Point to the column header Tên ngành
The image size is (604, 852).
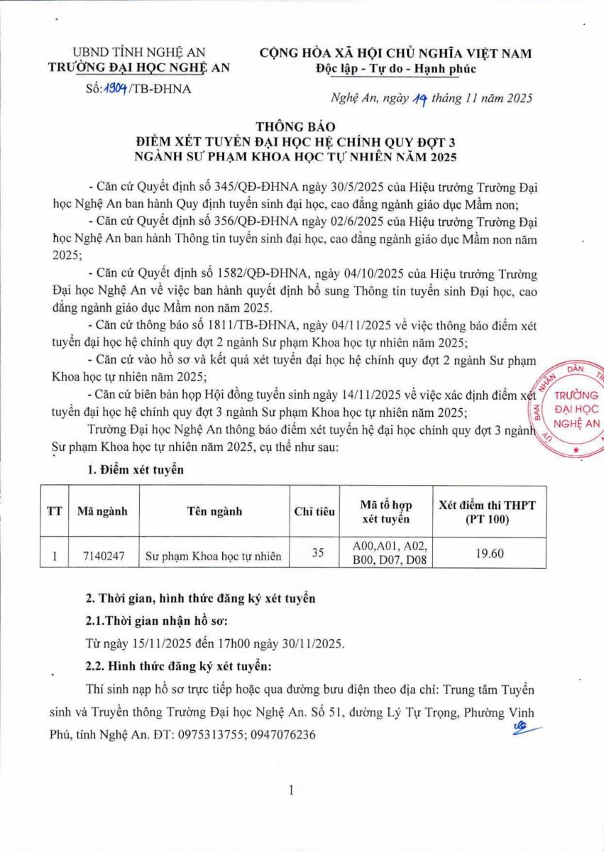(x=214, y=510)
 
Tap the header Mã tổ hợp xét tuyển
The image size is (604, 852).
(x=386, y=511)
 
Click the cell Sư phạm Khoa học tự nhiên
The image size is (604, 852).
(x=214, y=557)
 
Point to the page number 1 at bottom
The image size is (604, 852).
(x=291, y=790)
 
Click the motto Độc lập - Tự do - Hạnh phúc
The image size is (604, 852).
(x=395, y=69)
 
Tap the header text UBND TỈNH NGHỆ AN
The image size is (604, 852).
(x=139, y=53)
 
